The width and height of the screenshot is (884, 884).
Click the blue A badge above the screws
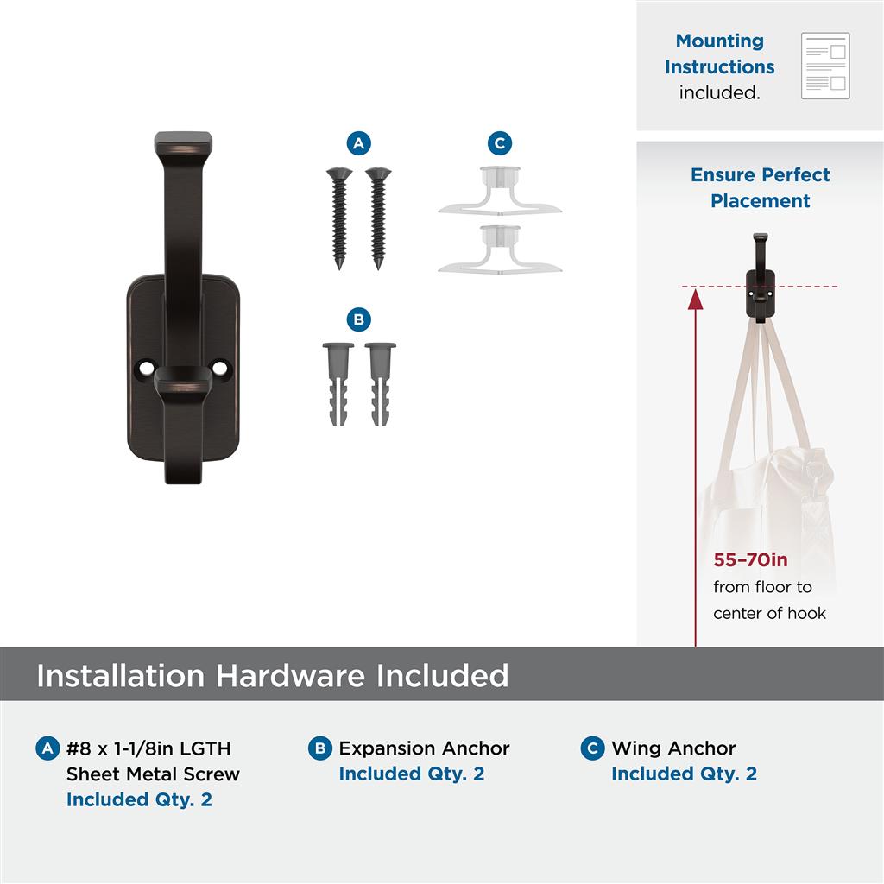[x=358, y=143]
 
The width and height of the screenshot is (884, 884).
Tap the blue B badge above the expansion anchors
[x=358, y=319]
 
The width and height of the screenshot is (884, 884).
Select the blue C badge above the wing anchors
[x=500, y=143]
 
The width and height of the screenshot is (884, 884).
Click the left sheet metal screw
[x=339, y=218]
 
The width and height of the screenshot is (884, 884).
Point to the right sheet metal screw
[x=378, y=218]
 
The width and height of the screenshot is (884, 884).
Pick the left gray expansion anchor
[x=338, y=383]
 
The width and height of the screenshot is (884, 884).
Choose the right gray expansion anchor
[x=380, y=383]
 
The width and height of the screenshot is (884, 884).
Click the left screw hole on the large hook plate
[x=147, y=368]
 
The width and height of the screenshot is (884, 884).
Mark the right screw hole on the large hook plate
[x=219, y=368]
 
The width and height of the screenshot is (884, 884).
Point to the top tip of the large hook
[x=183, y=133]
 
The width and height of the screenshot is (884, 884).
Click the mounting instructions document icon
[x=825, y=66]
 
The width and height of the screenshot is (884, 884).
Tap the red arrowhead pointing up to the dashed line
[x=696, y=299]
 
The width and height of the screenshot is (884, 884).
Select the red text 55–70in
[x=750, y=559]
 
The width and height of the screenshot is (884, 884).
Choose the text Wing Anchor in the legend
[x=673, y=748]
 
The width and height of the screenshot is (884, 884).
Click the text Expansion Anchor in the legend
[x=424, y=748]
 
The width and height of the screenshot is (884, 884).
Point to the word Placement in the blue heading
[x=760, y=200]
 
